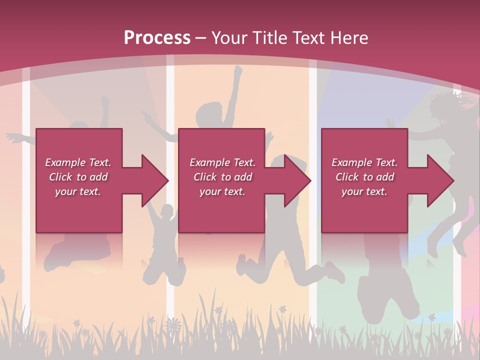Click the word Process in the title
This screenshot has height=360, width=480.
coord(157,37)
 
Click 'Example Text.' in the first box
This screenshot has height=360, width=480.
coord(78,162)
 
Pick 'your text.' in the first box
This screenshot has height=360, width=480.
coord(78,191)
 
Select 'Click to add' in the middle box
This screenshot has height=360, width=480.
coord(222,177)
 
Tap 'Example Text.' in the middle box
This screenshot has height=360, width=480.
coord(222,162)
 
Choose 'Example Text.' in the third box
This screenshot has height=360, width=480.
coord(364,162)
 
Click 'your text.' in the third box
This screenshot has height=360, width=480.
coord(364,191)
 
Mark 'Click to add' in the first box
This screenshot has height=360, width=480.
coord(78,177)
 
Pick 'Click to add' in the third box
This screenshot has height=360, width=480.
coord(364,177)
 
